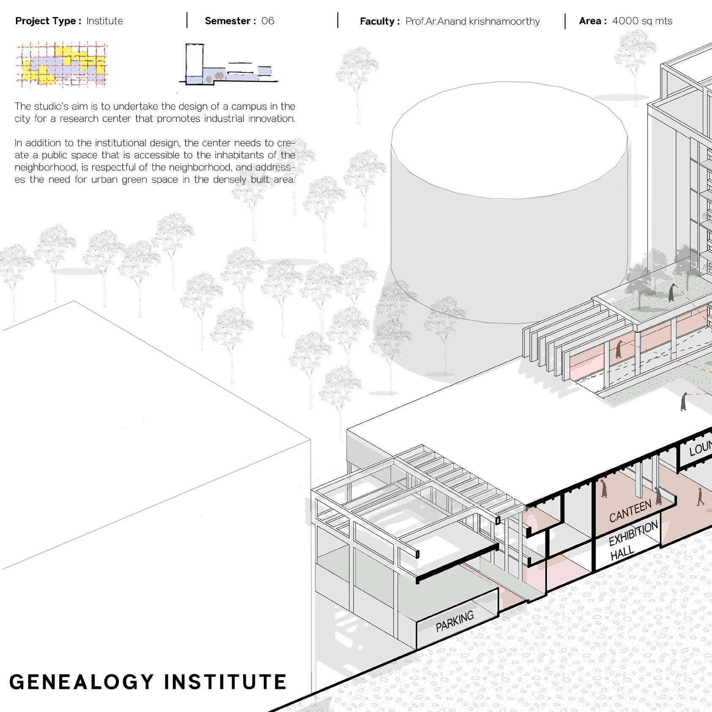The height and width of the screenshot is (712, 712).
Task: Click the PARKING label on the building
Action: click(x=455, y=622)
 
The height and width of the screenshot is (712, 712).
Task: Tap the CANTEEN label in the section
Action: click(x=630, y=512)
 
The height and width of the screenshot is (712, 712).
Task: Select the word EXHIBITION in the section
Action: click(x=633, y=534)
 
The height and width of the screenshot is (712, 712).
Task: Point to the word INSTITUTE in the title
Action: click(x=225, y=682)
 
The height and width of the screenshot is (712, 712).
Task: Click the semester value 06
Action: click(x=268, y=21)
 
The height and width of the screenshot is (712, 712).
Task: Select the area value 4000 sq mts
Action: click(x=642, y=21)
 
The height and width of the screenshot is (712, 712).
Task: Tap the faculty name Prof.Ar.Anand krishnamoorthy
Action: click(x=472, y=21)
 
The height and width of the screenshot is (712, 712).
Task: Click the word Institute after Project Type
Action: click(x=104, y=21)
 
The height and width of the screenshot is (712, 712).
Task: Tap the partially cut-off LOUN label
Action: click(x=700, y=449)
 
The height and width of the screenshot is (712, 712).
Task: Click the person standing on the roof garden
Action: click(x=671, y=293)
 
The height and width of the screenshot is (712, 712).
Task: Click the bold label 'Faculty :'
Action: click(x=379, y=21)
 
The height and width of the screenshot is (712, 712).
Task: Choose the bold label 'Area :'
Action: click(x=593, y=21)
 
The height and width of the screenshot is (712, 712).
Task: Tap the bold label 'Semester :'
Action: click(x=230, y=21)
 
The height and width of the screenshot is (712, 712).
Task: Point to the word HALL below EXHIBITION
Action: click(x=622, y=553)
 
